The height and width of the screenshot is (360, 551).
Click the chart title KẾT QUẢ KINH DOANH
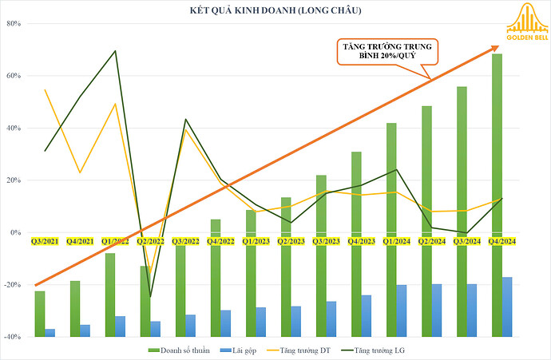click(x=275, y=10)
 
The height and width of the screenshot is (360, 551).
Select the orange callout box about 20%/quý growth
click(x=382, y=53)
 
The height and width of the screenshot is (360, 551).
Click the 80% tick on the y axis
click(x=14, y=23)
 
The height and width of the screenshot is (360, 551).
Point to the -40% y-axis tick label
click(x=12, y=337)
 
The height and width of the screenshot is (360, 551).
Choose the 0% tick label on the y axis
click(x=16, y=232)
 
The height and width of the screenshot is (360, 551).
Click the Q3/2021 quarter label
click(x=43, y=240)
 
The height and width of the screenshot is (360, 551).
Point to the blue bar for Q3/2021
click(x=50, y=332)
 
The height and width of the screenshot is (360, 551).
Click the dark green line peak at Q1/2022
click(x=116, y=51)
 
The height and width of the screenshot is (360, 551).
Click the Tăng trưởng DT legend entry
click(x=305, y=350)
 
